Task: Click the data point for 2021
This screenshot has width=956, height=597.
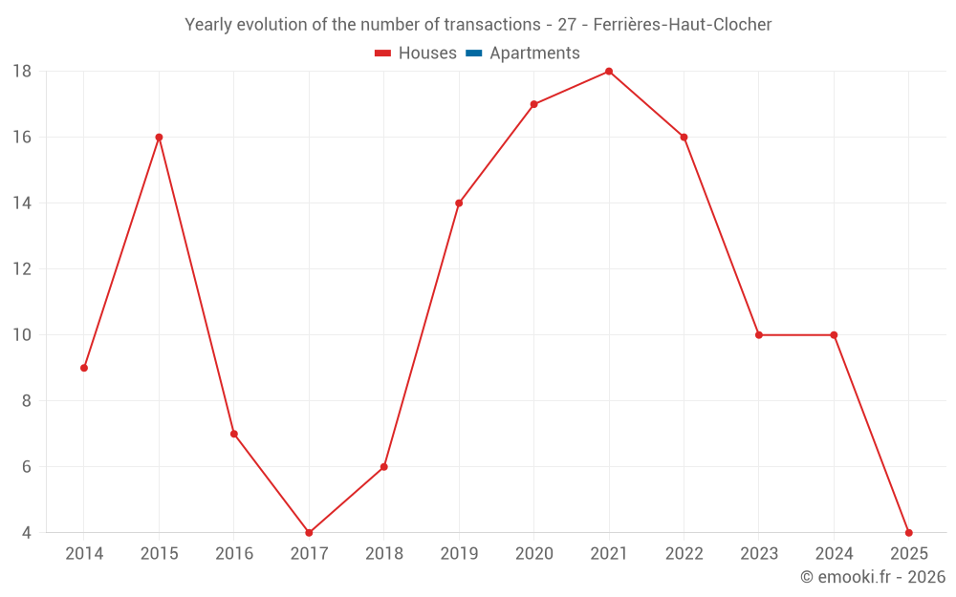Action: coord(609,72)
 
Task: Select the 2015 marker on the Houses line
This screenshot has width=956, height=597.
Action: coord(159,138)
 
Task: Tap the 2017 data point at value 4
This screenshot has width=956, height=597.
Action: coord(309,533)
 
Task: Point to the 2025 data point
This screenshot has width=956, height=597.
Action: coord(908,533)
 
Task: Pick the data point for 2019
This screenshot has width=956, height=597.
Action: coord(459,203)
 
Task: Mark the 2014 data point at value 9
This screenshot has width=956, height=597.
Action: coord(84,368)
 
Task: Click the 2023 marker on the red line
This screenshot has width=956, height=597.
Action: coord(759,335)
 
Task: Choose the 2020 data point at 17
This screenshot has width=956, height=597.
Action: coord(533,104)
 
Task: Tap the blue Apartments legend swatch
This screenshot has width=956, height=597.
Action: coord(473,53)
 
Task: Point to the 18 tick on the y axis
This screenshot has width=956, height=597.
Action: coord(22,72)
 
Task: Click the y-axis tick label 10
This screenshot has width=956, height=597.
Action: coord(22,335)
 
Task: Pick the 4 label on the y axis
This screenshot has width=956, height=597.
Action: coord(27,533)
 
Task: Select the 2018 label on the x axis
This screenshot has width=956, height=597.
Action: coord(384,554)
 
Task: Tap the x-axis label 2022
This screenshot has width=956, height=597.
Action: coord(684,554)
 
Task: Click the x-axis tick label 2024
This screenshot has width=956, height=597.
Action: coord(834,554)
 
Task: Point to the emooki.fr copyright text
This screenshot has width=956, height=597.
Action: coord(873,577)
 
